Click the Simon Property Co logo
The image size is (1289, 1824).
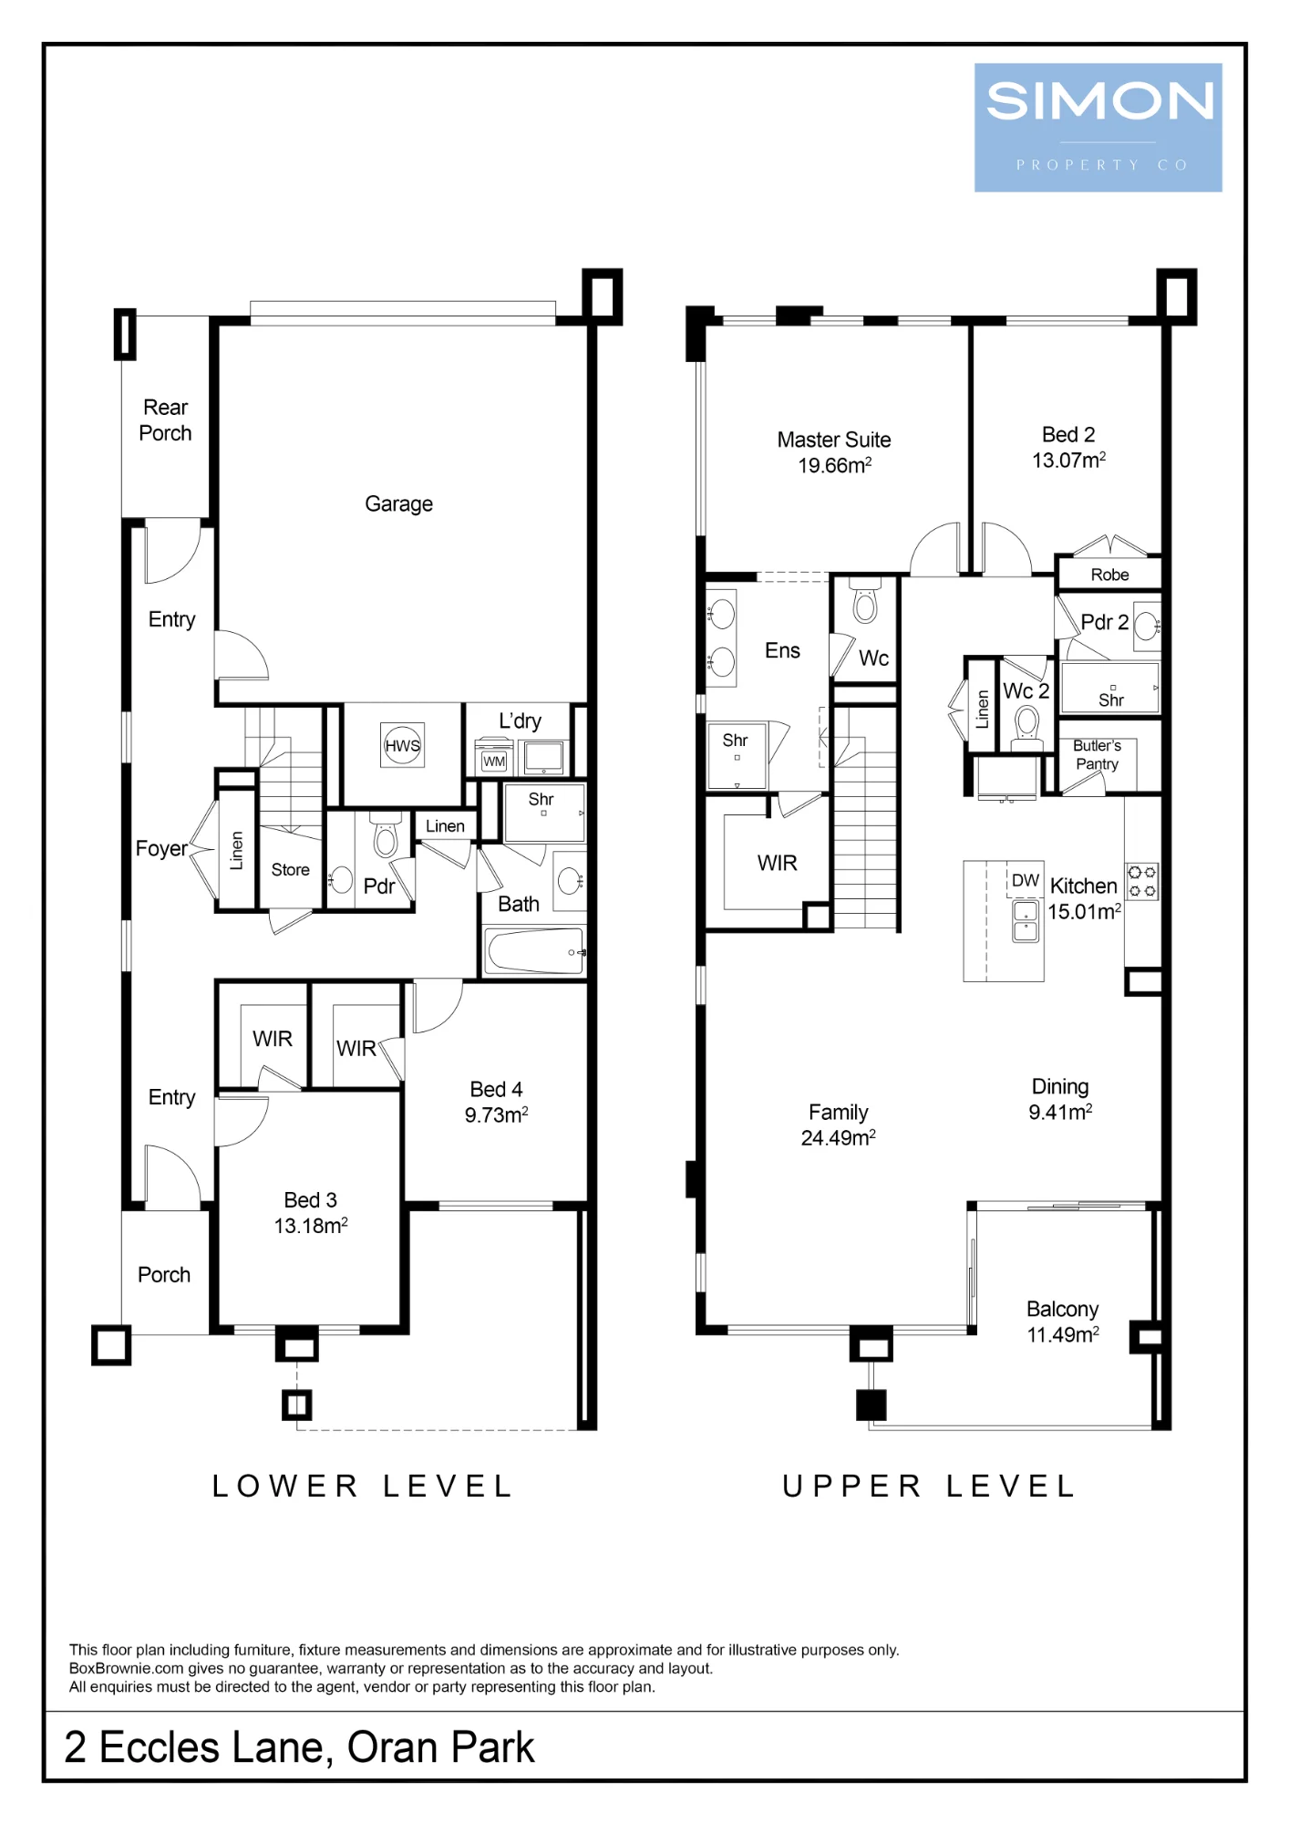click(x=1098, y=128)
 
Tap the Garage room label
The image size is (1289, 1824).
click(x=398, y=504)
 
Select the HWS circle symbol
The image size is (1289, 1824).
click(x=402, y=745)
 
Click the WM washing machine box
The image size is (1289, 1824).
click(x=494, y=759)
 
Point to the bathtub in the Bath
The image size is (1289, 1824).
click(x=535, y=951)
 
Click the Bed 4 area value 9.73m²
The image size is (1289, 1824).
click(x=497, y=1114)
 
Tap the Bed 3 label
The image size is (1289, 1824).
click(x=311, y=1200)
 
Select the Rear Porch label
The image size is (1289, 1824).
click(x=165, y=420)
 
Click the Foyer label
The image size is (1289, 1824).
click(x=161, y=849)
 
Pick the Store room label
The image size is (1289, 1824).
click(x=291, y=870)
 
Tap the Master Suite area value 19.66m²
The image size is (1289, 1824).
click(x=835, y=465)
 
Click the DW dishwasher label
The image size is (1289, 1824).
click(x=1026, y=880)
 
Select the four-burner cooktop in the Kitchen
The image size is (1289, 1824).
click(x=1142, y=881)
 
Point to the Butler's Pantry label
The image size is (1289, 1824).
click(x=1097, y=755)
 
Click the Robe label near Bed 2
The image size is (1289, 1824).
click(x=1109, y=575)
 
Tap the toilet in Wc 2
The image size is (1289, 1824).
click(x=1027, y=729)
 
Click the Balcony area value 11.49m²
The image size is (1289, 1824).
click(x=1063, y=1335)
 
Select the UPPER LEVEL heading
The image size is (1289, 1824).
click(x=929, y=1487)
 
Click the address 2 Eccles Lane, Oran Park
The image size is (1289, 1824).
click(x=299, y=1748)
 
